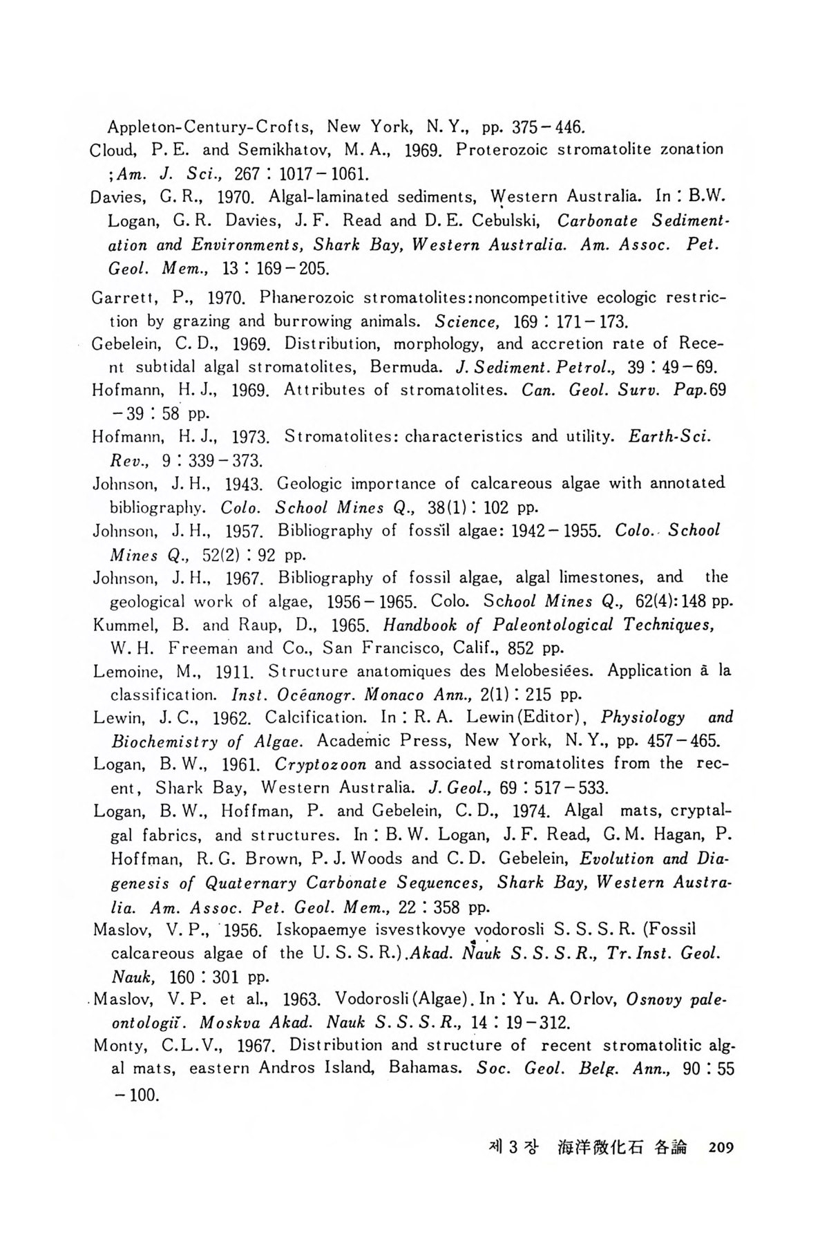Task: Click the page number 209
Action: [x=718, y=1148]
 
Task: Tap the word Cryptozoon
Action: [x=321, y=764]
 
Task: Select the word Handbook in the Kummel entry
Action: [x=417, y=625]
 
